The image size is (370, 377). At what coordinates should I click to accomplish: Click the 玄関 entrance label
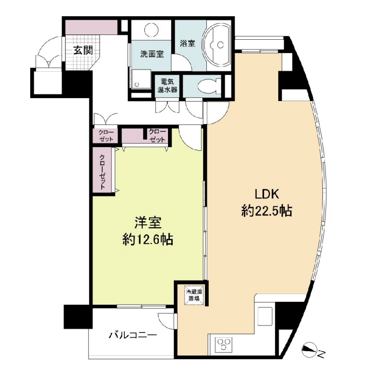click(x=83, y=49)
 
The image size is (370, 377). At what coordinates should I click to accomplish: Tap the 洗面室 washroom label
click(x=152, y=54)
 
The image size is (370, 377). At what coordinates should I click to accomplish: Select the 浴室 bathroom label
click(x=188, y=43)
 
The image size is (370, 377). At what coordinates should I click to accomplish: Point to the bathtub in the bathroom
click(x=218, y=45)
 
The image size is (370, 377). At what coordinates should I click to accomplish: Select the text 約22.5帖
click(x=267, y=211)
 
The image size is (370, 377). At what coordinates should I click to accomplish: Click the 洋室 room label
click(x=147, y=223)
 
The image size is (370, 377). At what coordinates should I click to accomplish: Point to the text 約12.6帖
click(x=147, y=240)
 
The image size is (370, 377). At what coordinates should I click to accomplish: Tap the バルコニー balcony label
click(x=132, y=335)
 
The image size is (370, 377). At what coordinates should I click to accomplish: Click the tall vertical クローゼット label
click(x=103, y=171)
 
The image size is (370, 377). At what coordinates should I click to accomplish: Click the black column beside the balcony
click(x=77, y=317)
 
